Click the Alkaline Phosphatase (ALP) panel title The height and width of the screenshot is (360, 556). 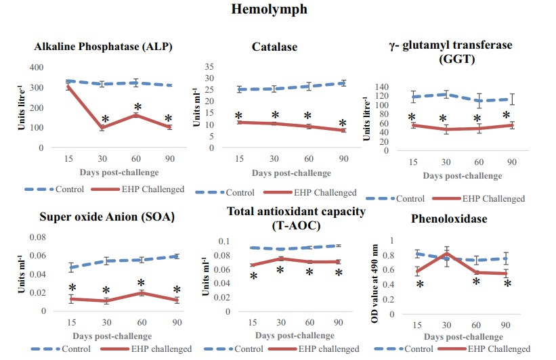104,47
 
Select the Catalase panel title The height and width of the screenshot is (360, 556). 274,47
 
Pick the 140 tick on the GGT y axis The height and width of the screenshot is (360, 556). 383,87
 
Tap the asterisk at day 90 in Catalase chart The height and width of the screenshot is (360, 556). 342,124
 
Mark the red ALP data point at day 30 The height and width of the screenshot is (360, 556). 103,127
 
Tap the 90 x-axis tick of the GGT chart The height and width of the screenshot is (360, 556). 512,162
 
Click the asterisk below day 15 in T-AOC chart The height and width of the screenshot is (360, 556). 253,276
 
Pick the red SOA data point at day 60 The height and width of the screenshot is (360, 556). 141,292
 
